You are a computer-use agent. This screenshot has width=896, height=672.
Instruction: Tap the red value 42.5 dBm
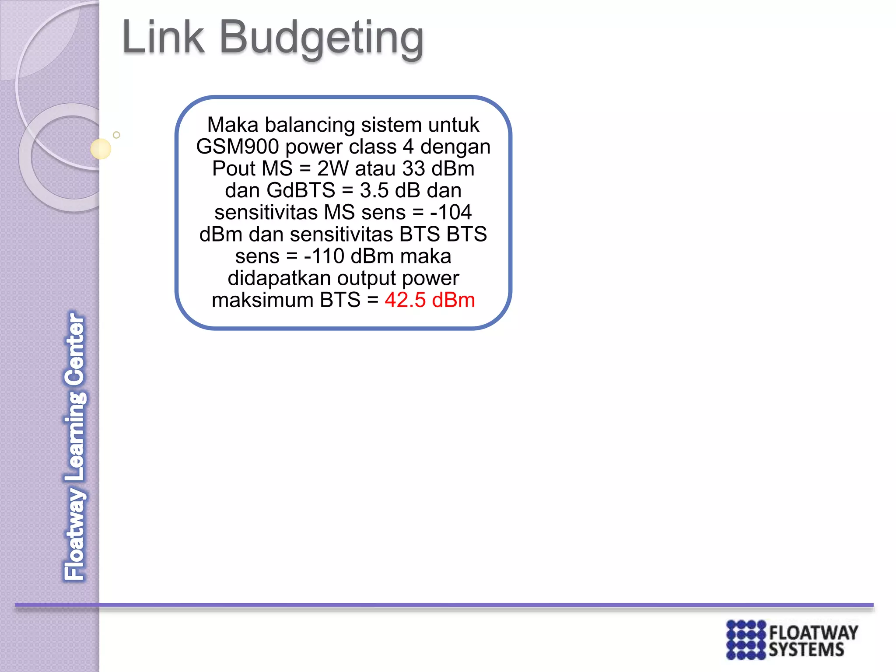click(x=430, y=300)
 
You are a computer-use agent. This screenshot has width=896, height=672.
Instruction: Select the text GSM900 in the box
click(x=237, y=147)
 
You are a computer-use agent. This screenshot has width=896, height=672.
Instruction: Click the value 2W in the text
click(x=334, y=168)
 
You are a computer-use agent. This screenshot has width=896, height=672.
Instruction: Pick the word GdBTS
click(x=301, y=190)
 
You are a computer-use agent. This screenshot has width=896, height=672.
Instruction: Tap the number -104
click(x=451, y=212)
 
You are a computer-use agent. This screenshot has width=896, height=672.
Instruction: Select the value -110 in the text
click(x=324, y=256)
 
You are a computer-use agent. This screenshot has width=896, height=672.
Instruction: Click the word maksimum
click(x=262, y=300)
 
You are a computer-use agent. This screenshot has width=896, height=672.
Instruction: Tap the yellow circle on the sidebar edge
click(x=101, y=149)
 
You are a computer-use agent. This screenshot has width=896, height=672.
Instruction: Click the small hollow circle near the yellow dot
click(x=116, y=135)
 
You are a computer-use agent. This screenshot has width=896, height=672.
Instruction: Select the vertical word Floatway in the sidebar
click(x=75, y=534)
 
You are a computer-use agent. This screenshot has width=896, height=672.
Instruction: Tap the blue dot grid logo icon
click(x=746, y=640)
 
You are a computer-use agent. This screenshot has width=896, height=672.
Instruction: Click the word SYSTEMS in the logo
click(x=806, y=650)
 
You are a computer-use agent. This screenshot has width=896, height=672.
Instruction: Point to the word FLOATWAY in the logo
click(x=813, y=633)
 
